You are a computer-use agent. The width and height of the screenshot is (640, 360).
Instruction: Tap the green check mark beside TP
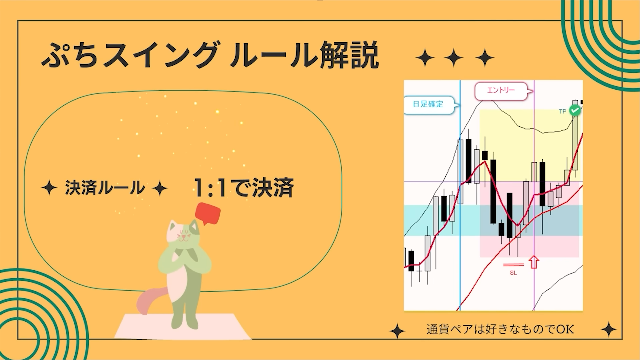(575, 110)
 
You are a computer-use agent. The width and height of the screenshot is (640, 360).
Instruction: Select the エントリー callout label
(501, 91)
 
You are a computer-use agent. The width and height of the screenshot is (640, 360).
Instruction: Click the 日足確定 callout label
(428, 104)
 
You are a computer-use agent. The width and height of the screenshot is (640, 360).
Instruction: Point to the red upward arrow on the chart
(534, 262)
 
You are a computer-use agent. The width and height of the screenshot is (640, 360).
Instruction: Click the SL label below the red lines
(513, 273)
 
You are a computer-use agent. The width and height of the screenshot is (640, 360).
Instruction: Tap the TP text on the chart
(563, 111)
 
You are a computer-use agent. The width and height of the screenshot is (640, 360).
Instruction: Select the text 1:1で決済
(244, 188)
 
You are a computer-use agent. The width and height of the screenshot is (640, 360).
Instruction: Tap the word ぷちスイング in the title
(129, 55)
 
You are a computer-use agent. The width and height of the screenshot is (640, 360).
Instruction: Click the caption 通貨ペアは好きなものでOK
(500, 330)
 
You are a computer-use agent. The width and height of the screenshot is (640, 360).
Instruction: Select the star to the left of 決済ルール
(49, 188)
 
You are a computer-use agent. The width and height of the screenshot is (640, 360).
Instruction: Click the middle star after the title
(454, 58)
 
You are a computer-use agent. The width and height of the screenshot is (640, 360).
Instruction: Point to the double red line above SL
(513, 265)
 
